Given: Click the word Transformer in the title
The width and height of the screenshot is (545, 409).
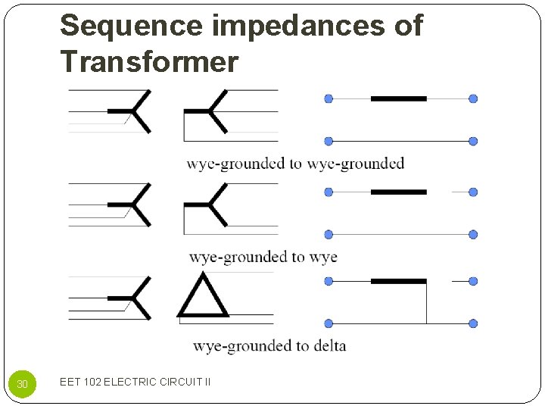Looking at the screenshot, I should (x=149, y=61).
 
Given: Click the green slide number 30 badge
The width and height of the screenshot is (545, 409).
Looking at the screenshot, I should (x=23, y=384).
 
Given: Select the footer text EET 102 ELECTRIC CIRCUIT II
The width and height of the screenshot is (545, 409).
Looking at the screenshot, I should (x=135, y=382).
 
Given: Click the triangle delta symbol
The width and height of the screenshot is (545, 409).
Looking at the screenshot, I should (x=203, y=297).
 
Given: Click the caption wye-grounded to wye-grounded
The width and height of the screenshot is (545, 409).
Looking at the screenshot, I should (x=295, y=164).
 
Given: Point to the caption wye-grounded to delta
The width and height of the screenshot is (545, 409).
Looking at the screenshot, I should (x=269, y=346).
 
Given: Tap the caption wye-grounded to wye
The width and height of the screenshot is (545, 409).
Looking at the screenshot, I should (x=263, y=258).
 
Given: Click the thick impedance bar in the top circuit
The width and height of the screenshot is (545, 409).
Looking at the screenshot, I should (x=398, y=98).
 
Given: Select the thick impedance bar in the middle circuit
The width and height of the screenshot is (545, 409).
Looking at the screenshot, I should (x=398, y=192).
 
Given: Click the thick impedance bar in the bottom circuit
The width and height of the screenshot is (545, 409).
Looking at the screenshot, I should (x=398, y=281).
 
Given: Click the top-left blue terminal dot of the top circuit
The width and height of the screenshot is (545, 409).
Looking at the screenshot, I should (x=329, y=98).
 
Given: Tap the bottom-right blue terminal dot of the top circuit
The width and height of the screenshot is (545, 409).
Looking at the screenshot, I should (x=473, y=142).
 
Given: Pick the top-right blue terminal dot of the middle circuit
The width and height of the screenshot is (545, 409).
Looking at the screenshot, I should (x=473, y=192).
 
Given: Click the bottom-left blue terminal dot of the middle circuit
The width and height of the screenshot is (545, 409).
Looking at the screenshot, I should (x=329, y=235).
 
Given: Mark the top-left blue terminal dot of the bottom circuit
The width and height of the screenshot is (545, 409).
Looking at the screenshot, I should (x=329, y=281).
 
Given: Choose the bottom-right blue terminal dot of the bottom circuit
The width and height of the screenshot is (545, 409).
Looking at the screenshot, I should (x=473, y=323).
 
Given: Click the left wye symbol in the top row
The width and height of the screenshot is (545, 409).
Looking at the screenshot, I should (x=134, y=111).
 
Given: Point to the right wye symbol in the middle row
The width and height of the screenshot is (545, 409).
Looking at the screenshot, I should (x=209, y=204).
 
